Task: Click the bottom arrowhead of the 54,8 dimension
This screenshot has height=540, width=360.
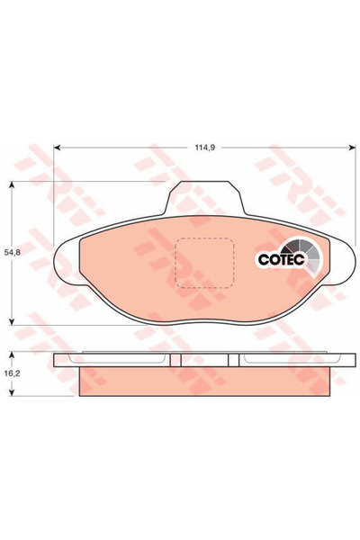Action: click(x=11, y=321)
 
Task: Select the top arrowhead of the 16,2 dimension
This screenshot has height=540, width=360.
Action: click(x=11, y=355)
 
